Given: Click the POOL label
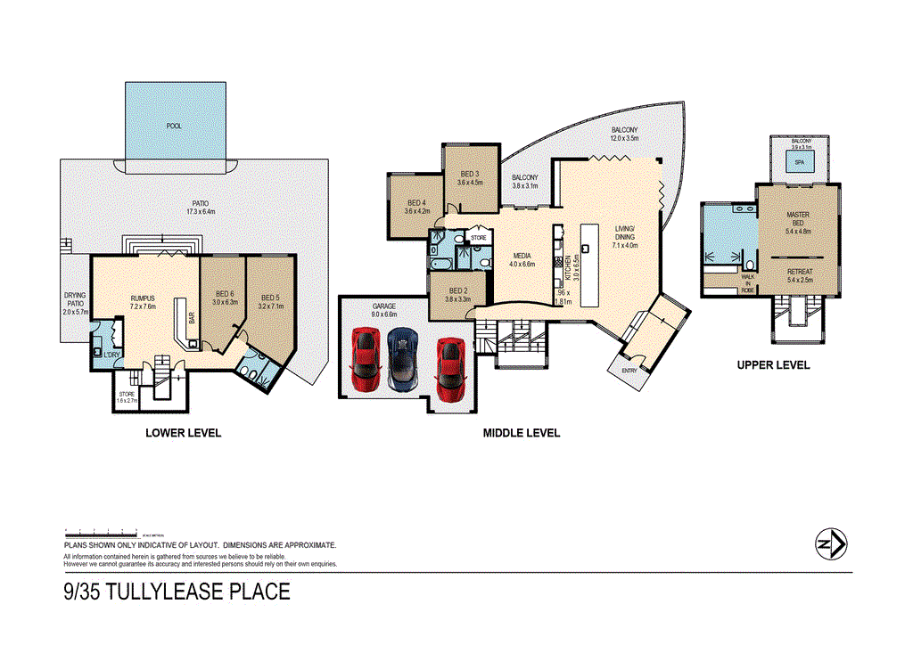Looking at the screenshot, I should (174, 126).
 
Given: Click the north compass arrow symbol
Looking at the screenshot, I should (831, 543).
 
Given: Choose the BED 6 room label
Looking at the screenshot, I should (224, 297).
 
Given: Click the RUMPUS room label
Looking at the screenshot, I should (144, 300).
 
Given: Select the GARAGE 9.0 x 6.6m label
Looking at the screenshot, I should (383, 309).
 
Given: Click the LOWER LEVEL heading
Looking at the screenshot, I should (183, 433).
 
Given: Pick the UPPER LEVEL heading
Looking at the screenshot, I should (773, 365).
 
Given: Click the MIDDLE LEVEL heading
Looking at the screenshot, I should (522, 433).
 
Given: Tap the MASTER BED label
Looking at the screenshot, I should (797, 219).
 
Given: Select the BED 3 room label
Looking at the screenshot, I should (470, 177).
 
